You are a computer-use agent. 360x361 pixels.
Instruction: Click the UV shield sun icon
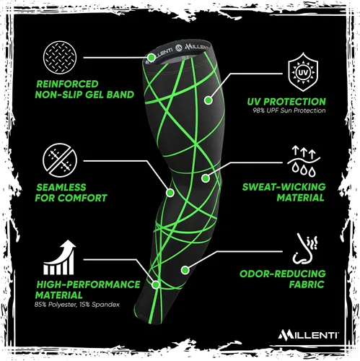tap(303, 72)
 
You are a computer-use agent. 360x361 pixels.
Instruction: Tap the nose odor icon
tap(304, 248)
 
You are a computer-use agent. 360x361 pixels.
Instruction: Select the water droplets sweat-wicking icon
tap(304, 161)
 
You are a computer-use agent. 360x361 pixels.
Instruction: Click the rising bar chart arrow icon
tap(59, 257)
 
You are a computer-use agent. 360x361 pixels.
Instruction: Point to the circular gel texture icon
tap(60, 58)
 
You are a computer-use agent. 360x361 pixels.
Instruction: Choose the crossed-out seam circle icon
tap(60, 160)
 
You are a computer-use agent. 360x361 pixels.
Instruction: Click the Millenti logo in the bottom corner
tap(308, 335)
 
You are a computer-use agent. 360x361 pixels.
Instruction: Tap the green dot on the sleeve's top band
tap(152, 58)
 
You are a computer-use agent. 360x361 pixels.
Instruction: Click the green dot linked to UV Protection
tap(208, 100)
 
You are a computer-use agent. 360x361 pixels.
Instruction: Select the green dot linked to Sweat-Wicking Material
tap(205, 178)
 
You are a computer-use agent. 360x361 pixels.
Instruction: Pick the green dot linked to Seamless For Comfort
tap(170, 193)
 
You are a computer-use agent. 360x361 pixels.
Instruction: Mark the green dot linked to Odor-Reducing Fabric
tap(185, 270)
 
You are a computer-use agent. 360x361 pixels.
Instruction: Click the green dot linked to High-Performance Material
tap(156, 285)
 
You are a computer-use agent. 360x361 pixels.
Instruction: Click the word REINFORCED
tap(67, 84)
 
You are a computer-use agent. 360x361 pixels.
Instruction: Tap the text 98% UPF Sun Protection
tap(289, 110)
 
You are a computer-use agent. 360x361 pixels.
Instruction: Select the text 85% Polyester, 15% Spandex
tap(77, 305)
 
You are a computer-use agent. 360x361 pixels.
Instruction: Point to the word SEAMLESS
tap(61, 187)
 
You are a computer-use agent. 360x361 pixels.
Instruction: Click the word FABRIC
tap(307, 284)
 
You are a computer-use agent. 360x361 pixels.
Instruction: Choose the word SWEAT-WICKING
tap(284, 187)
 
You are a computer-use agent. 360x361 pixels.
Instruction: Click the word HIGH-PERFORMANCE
tap(88, 284)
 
